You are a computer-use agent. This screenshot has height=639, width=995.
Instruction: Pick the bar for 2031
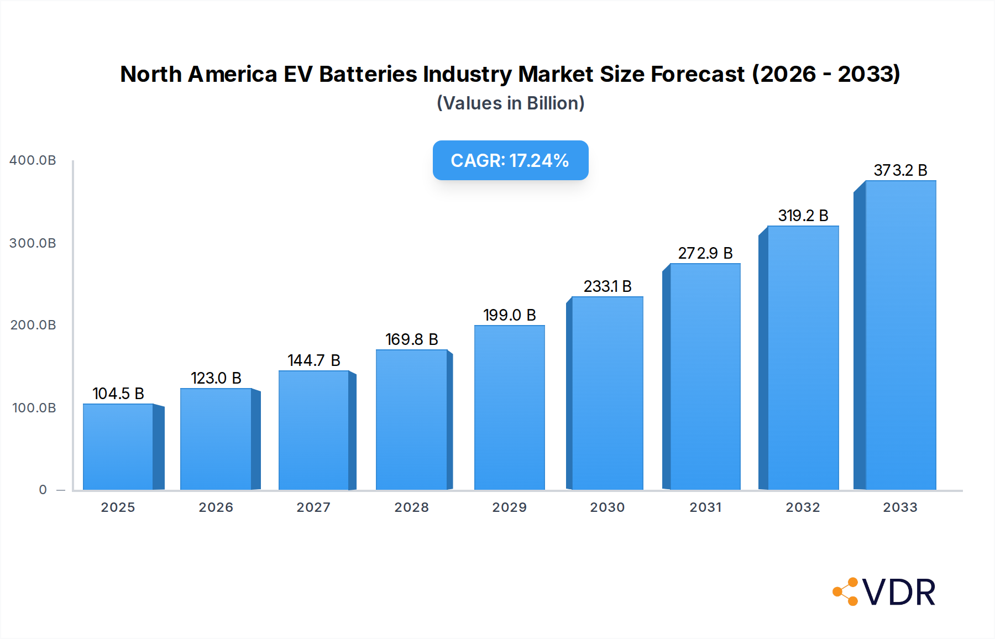[x=705, y=376]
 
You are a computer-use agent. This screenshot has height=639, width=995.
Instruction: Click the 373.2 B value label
[x=900, y=170]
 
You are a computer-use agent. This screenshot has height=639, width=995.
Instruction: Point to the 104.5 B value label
[x=118, y=394]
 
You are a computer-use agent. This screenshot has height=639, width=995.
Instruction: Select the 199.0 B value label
[x=509, y=315]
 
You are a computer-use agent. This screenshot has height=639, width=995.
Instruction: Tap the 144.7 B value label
[x=313, y=360]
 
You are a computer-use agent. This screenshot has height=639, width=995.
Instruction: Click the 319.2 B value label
[x=803, y=216]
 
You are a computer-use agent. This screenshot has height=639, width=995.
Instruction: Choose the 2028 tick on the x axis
[x=411, y=507]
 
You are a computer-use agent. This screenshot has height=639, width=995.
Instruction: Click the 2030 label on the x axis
[x=607, y=507]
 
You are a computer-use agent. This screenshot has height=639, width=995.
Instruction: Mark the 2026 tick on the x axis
[x=216, y=507]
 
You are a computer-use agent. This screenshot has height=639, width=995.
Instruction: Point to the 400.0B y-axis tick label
[x=33, y=160]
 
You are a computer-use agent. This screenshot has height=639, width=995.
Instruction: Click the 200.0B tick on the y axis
[x=33, y=325]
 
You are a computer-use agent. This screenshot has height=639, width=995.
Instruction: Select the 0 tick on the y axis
[x=43, y=490]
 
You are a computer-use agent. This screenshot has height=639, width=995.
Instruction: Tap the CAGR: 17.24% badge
[x=510, y=160]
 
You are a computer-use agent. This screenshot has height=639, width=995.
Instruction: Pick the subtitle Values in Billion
[x=510, y=103]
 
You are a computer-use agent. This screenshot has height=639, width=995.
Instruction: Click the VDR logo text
[x=899, y=593]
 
